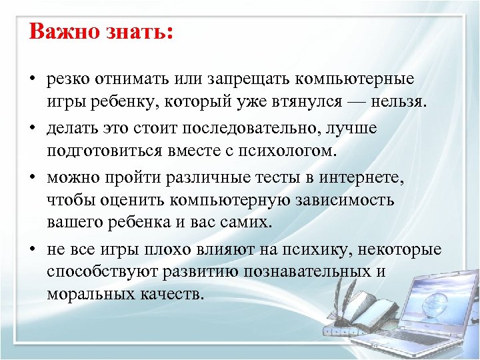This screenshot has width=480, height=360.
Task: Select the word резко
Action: pos(69,79)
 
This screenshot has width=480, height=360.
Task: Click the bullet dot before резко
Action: pos(32,80)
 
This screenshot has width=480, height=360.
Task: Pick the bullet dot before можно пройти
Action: pos(32,177)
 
